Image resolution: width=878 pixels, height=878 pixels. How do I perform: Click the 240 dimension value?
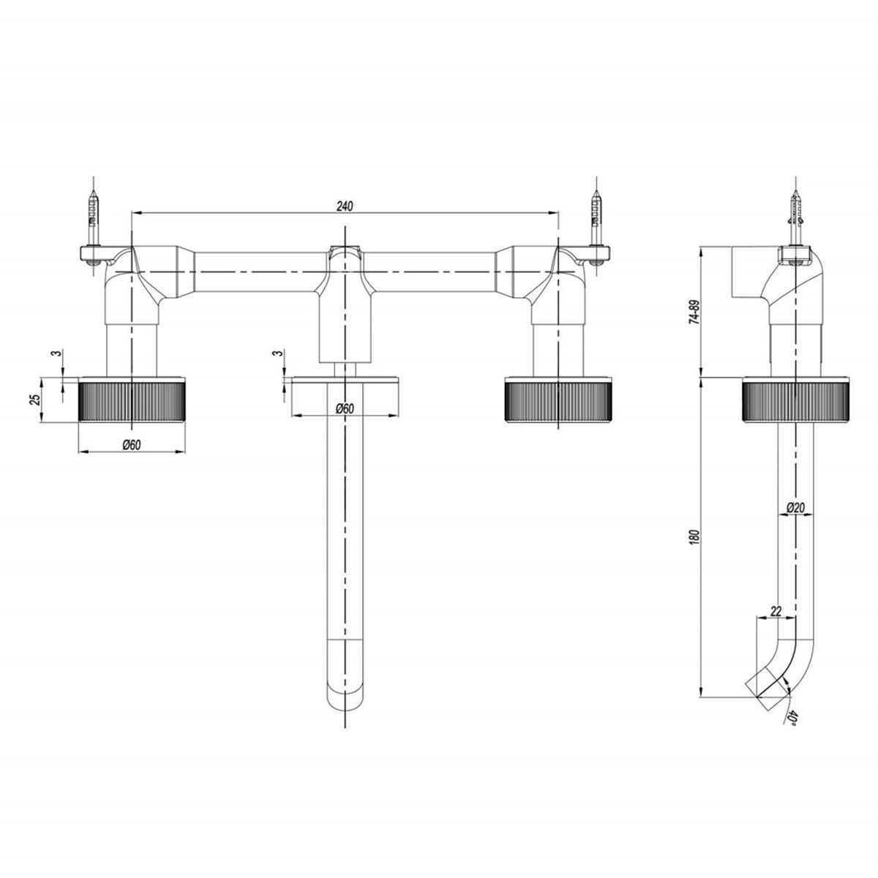pos(345,206)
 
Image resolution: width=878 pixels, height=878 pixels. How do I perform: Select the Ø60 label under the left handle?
pos(131,445)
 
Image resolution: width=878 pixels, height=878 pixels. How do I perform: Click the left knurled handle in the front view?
pos(131,399)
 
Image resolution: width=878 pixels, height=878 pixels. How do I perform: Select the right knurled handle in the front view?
pos(558,399)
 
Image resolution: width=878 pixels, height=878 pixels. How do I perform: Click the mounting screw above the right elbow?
pos(598,219)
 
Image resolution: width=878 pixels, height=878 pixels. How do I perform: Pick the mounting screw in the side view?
pos(795,219)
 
